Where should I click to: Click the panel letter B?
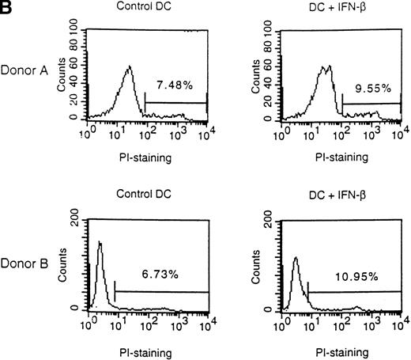7,8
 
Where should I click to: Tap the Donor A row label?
28,70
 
